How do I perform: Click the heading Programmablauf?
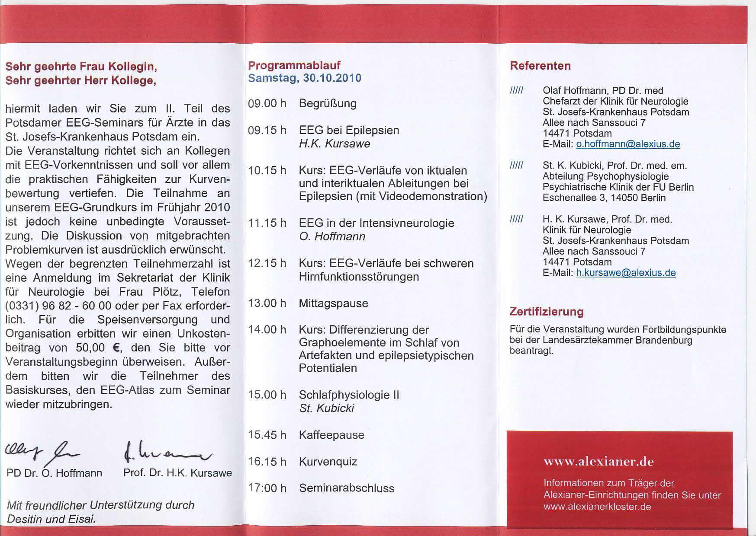coord(294,65)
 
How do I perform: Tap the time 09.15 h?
coord(267,130)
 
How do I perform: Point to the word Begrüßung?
coord(328,104)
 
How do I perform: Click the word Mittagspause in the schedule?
coord(333,303)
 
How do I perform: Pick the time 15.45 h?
coord(267,435)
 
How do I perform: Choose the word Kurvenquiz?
coord(328,462)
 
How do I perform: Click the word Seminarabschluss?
coord(347,488)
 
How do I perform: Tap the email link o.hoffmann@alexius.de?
coord(628,144)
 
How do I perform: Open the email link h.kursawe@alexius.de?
coord(626,273)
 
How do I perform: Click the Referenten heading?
coord(540,66)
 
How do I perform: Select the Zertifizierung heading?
coord(546,311)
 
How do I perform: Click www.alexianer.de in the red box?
coord(598,462)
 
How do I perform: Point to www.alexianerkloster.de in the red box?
coord(597,506)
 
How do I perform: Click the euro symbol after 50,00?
coord(115,348)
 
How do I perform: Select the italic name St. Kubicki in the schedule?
coord(326,408)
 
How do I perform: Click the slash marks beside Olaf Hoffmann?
coord(517,90)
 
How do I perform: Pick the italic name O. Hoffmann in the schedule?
coord(332,236)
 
